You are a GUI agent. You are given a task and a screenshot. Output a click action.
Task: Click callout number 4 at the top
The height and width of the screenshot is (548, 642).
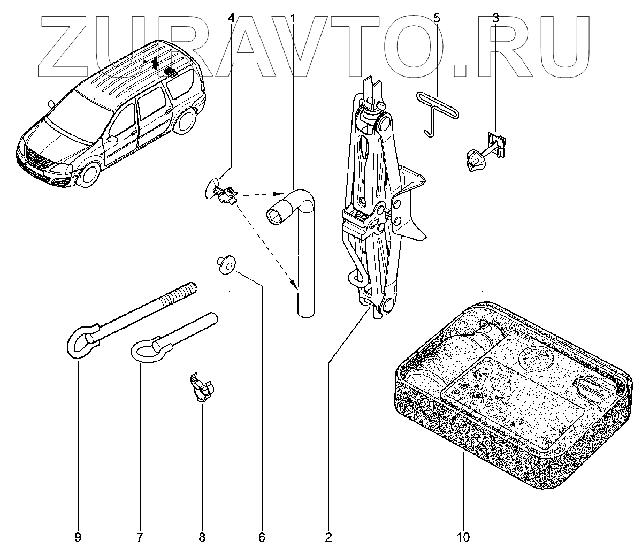point(231,18)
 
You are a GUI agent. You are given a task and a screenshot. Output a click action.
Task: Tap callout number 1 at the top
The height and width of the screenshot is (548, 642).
point(293,18)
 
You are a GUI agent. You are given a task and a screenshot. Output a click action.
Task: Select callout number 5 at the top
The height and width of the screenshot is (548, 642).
point(437,18)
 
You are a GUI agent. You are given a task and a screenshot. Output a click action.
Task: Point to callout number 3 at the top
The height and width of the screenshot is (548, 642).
point(495,18)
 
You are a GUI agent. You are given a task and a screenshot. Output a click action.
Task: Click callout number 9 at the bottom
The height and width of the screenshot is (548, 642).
point(78,536)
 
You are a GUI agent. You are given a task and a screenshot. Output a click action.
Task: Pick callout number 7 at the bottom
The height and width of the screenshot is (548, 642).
point(140,536)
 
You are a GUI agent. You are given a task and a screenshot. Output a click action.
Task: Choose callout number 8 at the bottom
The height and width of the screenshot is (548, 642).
point(202,536)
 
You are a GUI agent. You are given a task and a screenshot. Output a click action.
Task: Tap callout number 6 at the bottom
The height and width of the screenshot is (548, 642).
point(262,536)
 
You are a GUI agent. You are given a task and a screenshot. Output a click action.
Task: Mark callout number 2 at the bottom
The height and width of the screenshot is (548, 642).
point(328,536)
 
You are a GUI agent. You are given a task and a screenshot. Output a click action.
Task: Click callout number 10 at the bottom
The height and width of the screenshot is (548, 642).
point(463,536)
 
